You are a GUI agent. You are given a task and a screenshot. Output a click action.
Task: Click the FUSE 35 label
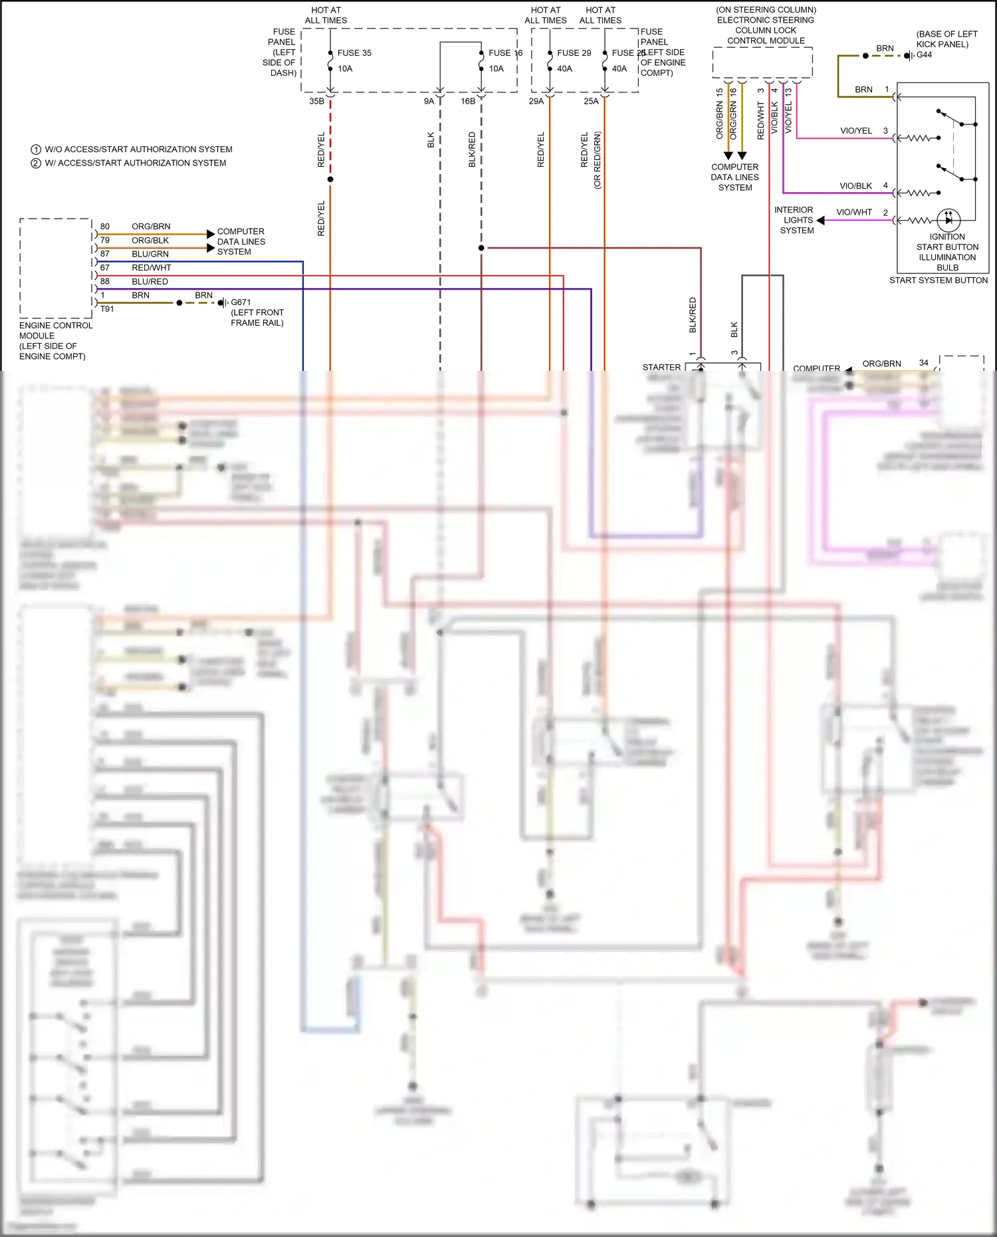click(354, 53)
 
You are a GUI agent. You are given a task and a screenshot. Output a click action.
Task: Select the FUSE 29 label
click(574, 53)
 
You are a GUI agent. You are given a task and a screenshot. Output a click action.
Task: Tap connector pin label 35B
click(316, 102)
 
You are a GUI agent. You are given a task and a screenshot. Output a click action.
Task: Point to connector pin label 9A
click(429, 102)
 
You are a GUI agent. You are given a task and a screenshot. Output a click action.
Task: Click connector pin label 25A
click(591, 102)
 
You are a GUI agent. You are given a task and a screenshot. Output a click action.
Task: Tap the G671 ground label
click(241, 302)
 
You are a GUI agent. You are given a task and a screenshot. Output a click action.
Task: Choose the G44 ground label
click(924, 55)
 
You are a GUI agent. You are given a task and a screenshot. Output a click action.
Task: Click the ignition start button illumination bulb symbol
click(948, 219)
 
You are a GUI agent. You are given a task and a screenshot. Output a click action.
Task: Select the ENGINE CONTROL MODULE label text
click(56, 330)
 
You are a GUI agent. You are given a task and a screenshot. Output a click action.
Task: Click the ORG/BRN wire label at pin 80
click(151, 227)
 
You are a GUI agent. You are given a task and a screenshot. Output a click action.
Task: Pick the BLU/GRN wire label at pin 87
click(150, 254)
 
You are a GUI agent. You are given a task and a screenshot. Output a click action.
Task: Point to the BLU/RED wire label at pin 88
click(150, 282)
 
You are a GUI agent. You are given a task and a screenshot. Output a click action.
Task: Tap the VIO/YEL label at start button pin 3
click(856, 131)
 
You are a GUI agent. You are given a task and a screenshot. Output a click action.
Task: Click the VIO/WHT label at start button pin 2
click(854, 213)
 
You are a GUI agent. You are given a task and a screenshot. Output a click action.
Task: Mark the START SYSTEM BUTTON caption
click(939, 281)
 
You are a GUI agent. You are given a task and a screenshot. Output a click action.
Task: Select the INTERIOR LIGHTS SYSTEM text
click(796, 220)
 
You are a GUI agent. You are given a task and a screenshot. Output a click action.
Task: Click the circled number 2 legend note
click(36, 164)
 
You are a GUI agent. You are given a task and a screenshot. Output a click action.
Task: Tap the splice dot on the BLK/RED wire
click(481, 248)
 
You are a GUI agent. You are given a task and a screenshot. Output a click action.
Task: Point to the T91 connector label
click(107, 309)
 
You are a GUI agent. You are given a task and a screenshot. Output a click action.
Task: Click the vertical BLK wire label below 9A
click(431, 140)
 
